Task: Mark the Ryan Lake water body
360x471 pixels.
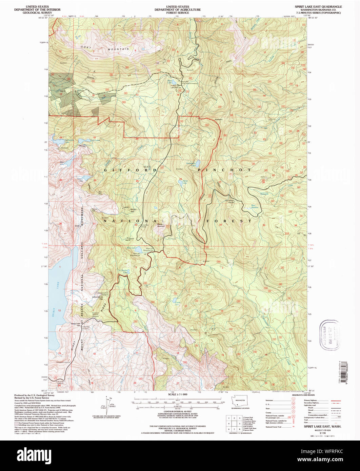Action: click(173, 82)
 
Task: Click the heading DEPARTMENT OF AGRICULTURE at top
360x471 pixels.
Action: click(178, 10)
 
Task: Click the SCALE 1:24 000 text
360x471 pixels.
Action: click(178, 395)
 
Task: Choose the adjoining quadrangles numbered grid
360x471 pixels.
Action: click(234, 423)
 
